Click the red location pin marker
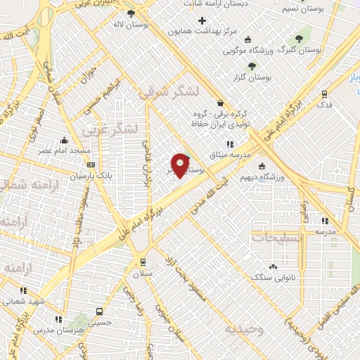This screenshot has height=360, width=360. tap(180, 165)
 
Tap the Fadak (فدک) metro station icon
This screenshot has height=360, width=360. tap(324, 93)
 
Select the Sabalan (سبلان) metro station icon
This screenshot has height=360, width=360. tap(143, 261)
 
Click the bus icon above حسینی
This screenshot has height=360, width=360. tap(99, 311)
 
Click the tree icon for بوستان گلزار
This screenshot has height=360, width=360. tap(252, 66)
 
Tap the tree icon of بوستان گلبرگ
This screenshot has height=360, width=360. tap(299, 39)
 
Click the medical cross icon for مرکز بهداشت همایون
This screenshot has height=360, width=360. tap(202, 20)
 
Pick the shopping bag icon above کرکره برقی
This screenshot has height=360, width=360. tap(220, 103)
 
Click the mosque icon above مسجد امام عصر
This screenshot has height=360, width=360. tap(65, 140)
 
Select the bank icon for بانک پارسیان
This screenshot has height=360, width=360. tap(91, 164)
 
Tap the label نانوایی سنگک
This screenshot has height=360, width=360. tap(274, 277)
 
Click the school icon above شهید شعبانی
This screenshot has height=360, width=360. tap(23, 290)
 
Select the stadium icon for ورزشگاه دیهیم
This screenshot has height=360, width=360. tap(262, 167)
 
